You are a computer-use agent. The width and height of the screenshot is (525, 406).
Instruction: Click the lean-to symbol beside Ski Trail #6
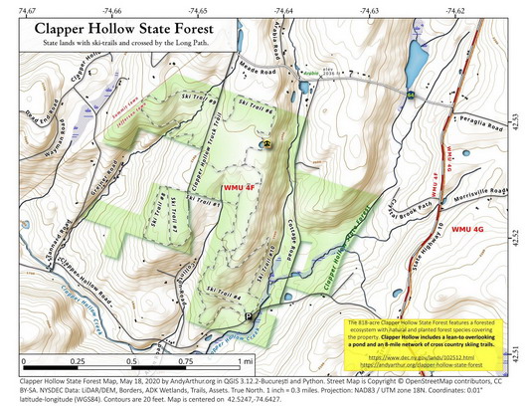tap(265, 143)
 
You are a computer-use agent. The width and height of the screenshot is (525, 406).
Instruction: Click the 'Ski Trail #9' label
tap(200, 101)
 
